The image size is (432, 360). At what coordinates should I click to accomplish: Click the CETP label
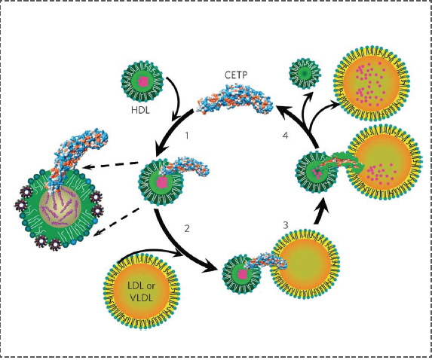point(236,75)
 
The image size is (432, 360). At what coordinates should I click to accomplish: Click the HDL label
point(140,111)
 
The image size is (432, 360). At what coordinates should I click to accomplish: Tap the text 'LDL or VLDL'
point(141,291)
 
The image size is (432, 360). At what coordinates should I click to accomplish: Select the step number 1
point(187,136)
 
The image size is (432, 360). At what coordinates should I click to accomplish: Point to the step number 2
point(187,228)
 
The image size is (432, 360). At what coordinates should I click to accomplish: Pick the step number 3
point(286,225)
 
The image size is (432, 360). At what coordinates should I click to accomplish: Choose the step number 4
point(286,136)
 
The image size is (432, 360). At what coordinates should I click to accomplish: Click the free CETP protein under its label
point(234,99)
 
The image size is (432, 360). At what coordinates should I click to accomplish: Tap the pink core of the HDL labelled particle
point(142,82)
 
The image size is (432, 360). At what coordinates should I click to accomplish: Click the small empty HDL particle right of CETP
point(305,74)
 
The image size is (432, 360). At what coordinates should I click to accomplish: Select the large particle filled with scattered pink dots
point(372,84)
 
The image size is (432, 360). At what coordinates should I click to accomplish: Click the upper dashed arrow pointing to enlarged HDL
point(111,165)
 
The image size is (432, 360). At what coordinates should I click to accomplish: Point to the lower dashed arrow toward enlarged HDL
point(116,222)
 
